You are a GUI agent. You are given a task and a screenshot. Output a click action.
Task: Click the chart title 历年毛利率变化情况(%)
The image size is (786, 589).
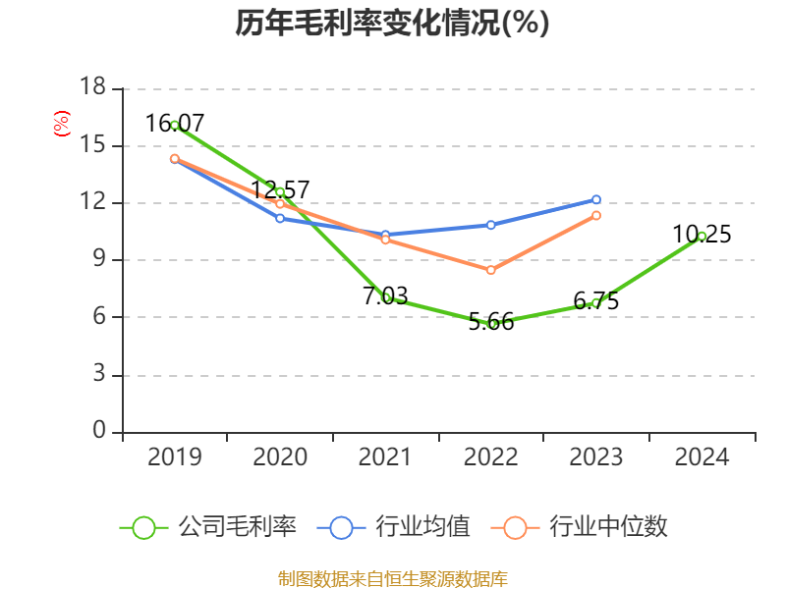392,24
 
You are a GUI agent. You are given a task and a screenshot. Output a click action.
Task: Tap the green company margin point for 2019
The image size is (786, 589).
175,126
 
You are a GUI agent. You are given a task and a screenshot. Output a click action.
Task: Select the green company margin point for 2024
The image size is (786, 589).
702,236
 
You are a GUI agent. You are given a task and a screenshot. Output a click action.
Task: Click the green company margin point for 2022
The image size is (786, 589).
491,323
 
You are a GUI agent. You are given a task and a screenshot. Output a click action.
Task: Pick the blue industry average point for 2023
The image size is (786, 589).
596,199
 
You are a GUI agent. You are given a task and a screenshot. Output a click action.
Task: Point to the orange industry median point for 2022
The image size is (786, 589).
491,270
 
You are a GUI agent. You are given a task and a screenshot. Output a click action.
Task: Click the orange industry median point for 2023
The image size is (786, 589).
596,215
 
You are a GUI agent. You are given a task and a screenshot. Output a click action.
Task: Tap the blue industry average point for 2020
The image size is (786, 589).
280,218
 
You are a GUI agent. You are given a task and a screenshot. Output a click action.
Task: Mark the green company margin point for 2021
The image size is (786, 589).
386,296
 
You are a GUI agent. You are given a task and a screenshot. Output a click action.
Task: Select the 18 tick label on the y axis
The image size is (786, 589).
92,88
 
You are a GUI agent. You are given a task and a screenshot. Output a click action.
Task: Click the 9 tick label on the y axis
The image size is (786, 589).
99,260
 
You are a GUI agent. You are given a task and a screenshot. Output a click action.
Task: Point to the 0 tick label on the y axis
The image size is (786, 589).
99,432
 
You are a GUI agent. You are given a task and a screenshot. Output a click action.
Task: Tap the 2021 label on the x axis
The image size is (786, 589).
385,457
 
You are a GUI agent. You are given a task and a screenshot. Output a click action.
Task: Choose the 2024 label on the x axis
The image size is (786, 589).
702,457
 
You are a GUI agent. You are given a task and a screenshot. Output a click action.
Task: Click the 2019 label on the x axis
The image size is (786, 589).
175,457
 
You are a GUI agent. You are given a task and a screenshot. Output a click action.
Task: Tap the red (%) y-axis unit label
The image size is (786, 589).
61,125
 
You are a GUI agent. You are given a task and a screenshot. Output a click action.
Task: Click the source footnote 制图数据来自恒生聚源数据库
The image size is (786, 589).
392,578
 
